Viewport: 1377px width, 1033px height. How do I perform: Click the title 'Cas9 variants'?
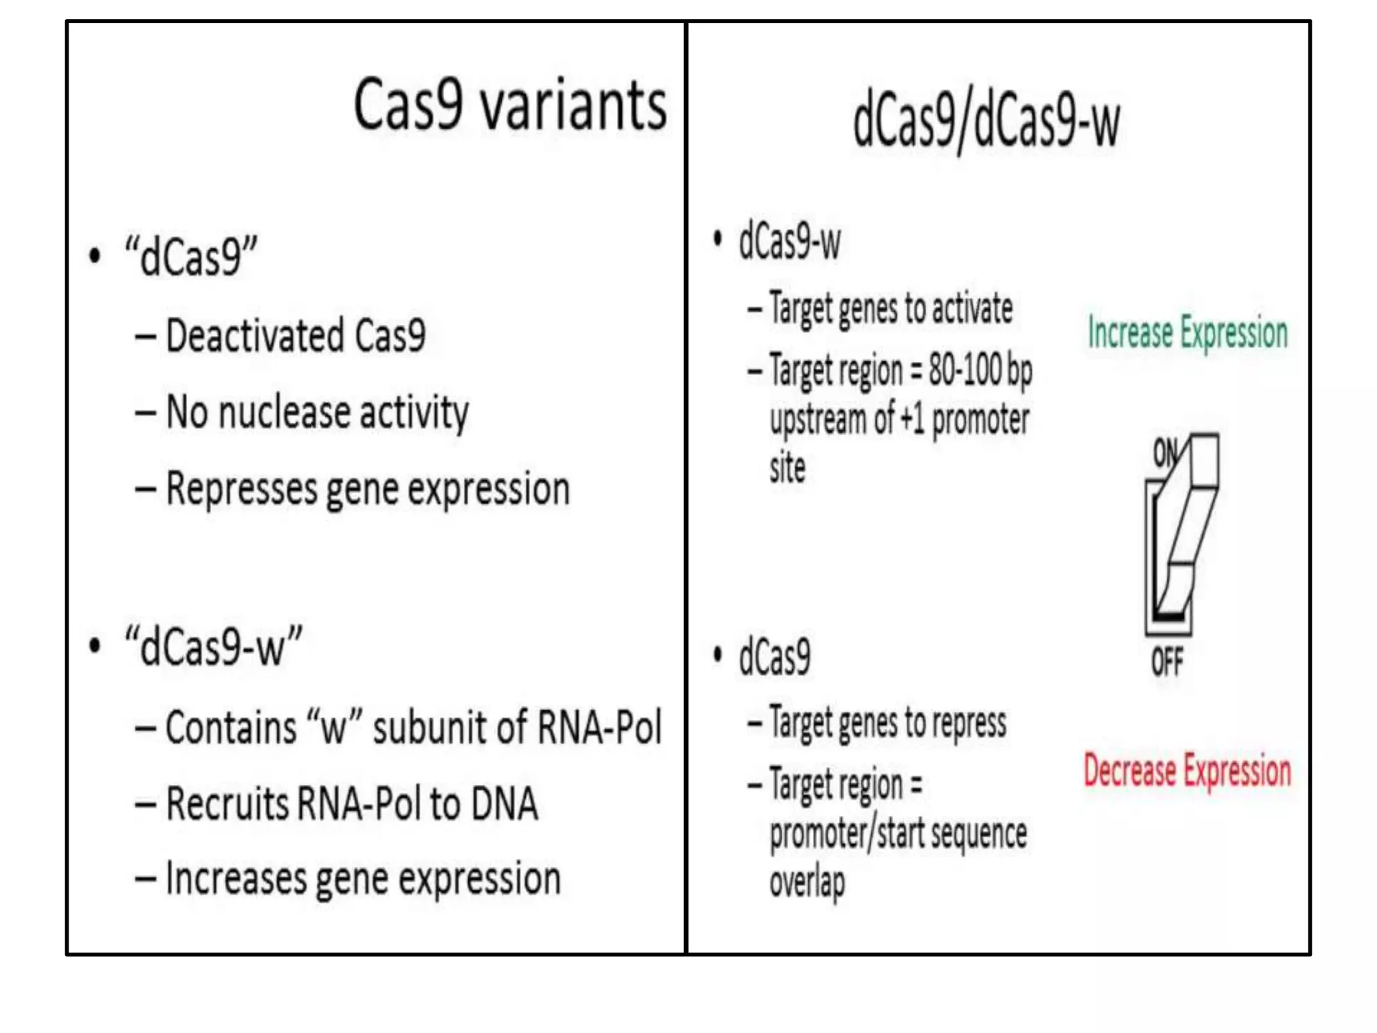pos(510,105)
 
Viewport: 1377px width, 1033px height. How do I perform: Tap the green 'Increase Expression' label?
pos(1187,333)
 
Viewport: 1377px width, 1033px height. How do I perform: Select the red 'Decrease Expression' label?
pos(1187,771)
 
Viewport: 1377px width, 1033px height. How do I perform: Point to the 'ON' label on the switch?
pos(1166,453)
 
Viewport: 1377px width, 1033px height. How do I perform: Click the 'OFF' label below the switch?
pos(1167,662)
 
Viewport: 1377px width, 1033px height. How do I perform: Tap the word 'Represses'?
pos(241,488)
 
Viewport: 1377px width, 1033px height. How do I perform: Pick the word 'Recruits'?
pos(227,804)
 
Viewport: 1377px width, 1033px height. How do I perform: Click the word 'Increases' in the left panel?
pos(235,879)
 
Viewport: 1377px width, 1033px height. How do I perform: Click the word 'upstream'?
pos(818,421)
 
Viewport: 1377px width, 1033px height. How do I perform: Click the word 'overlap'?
pos(807,883)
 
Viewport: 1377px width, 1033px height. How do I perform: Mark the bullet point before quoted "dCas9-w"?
pos(95,646)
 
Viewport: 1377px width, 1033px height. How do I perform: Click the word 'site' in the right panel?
pos(787,467)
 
